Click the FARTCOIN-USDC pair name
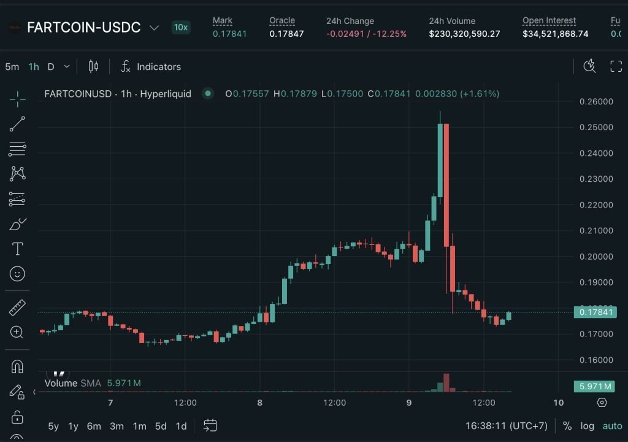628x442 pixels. click(84, 28)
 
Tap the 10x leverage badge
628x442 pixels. click(181, 27)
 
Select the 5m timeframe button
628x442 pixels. click(12, 66)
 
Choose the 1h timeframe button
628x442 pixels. click(34, 66)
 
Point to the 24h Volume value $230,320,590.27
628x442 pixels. click(464, 34)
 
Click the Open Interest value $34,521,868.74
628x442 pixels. click(555, 34)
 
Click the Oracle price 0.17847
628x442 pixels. click(286, 34)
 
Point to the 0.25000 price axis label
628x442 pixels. click(595, 127)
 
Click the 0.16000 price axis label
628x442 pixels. click(595, 360)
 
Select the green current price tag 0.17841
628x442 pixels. click(595, 312)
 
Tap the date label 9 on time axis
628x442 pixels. click(409, 403)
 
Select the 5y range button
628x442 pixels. click(53, 426)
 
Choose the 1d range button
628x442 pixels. click(181, 426)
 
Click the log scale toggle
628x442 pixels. click(588, 426)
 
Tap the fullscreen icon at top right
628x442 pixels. click(616, 66)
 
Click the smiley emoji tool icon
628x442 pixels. click(18, 274)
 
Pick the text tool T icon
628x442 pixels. click(18, 249)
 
